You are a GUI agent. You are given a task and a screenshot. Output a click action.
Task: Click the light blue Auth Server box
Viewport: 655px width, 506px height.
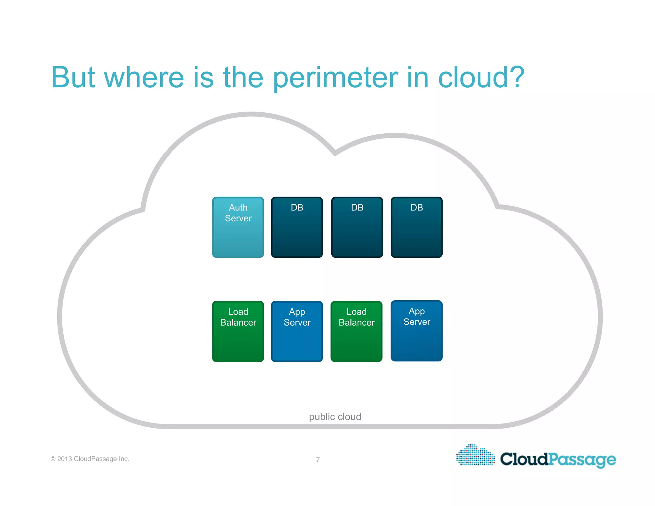click(238, 227)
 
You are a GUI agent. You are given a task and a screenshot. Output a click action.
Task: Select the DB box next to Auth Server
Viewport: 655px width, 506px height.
click(297, 227)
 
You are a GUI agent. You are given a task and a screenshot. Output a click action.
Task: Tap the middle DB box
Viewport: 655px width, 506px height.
click(357, 227)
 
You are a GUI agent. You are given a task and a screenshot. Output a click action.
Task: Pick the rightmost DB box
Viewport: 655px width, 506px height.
click(416, 227)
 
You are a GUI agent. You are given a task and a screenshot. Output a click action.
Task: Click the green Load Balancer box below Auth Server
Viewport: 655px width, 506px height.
click(238, 331)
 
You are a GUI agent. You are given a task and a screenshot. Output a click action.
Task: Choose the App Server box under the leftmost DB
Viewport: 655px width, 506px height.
click(297, 331)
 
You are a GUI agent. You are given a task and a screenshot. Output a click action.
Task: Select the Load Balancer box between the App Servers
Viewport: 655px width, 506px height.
click(356, 331)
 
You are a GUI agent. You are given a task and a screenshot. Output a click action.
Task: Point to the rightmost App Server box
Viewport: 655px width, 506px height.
click(416, 331)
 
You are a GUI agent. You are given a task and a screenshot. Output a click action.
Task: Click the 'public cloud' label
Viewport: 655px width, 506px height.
click(335, 416)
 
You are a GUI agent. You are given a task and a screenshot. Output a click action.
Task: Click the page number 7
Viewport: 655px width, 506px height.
click(318, 460)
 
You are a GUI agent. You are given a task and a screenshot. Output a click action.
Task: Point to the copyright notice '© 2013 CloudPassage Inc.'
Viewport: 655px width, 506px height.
click(90, 459)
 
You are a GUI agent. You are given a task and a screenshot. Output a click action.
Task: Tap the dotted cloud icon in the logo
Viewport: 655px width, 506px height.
click(475, 455)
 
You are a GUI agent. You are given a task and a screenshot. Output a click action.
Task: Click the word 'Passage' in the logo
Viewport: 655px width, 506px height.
click(582, 460)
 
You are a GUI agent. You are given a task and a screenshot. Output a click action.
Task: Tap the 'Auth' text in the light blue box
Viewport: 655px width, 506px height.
click(238, 208)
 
